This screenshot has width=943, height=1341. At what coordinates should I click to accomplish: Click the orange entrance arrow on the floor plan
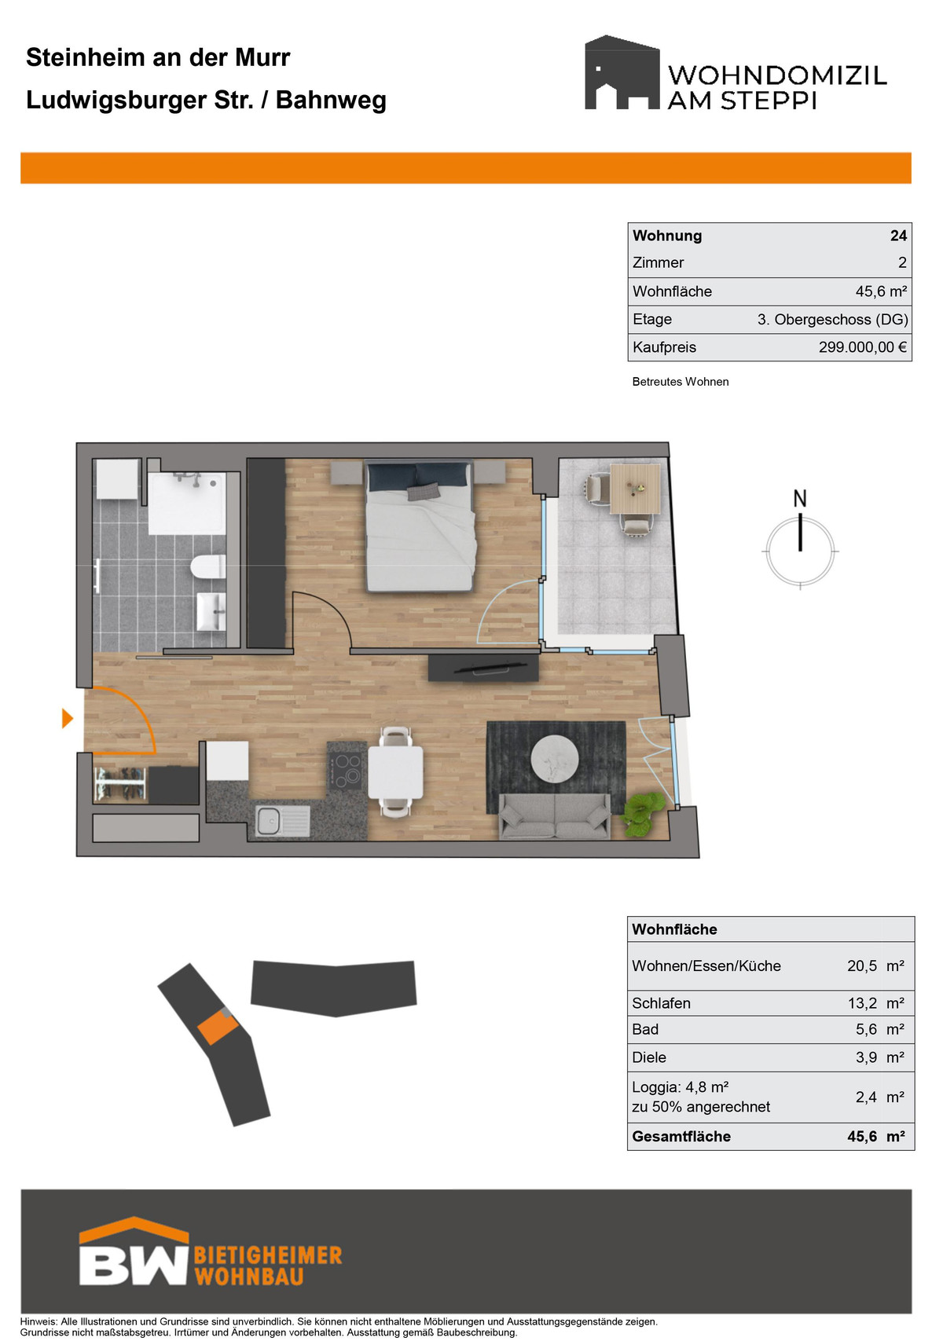67,718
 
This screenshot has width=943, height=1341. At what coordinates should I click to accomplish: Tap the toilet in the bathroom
207,566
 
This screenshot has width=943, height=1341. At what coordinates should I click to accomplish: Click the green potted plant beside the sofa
643,812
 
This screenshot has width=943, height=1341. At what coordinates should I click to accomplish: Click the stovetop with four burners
347,771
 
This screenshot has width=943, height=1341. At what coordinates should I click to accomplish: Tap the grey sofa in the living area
555,816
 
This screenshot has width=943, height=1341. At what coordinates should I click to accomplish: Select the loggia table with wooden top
635,489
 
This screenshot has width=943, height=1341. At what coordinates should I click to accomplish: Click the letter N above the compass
799,498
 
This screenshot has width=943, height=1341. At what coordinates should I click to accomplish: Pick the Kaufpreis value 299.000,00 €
862,347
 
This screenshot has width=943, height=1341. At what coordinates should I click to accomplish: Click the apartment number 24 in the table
898,236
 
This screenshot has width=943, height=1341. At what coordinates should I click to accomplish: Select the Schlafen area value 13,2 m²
875,1003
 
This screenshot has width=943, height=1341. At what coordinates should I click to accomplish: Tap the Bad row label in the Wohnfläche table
645,1030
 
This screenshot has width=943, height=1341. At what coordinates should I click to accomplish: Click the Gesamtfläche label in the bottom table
681,1137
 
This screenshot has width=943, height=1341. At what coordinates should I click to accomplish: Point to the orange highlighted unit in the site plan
218,1027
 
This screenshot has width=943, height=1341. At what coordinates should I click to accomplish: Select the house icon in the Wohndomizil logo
622,72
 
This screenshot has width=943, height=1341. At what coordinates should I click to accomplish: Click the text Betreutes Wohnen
681,382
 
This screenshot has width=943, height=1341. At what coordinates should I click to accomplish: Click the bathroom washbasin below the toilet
211,611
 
